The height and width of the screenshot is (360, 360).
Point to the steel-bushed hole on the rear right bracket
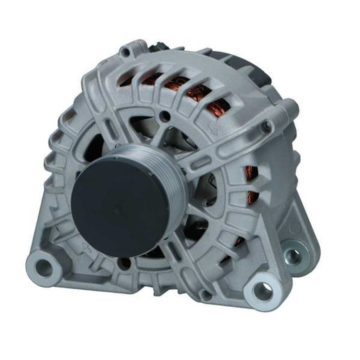293,257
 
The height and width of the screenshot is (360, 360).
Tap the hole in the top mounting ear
125,52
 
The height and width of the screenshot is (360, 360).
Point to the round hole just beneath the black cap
124,263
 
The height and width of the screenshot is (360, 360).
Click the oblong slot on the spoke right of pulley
202,162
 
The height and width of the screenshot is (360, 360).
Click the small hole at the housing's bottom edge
205,295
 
